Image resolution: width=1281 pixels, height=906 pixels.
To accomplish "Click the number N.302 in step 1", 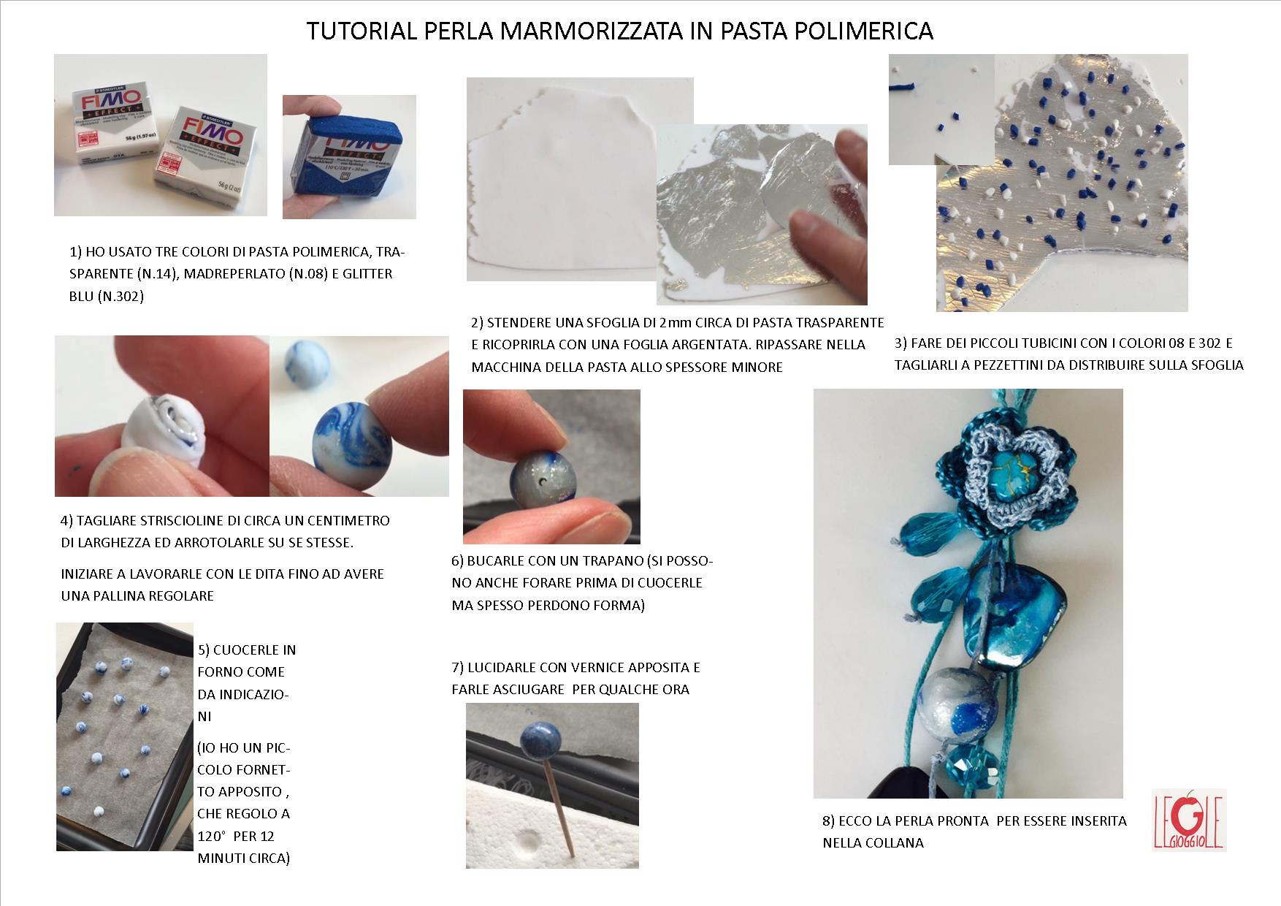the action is pyautogui.click(x=121, y=296).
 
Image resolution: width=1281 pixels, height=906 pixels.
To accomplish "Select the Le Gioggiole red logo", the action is pyautogui.click(x=1188, y=820).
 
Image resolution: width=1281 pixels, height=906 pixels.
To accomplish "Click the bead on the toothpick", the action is pyautogui.click(x=540, y=740).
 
